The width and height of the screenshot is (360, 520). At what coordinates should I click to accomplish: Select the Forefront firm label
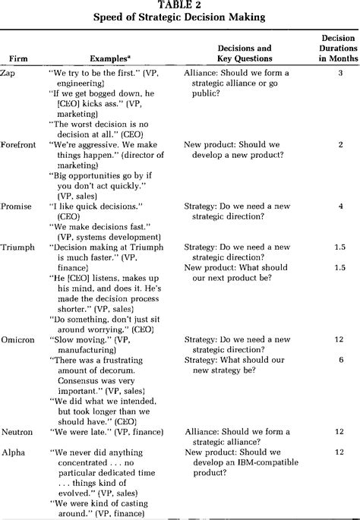pos(19,143)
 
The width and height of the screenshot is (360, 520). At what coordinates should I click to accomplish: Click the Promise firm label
pos(17,205)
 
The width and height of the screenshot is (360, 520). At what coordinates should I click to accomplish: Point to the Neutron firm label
pos(18,432)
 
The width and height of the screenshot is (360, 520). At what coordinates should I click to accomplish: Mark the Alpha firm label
pos(14,452)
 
